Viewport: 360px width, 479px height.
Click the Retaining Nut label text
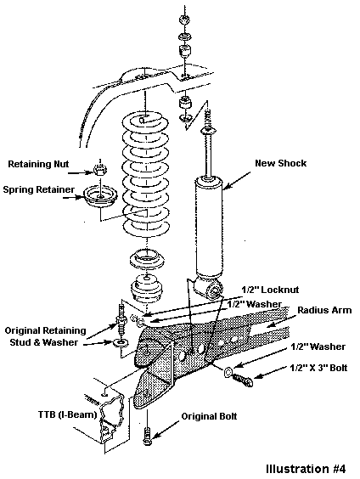(38, 164)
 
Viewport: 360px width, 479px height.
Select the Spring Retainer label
(38, 189)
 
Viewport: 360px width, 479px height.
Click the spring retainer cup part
(101, 197)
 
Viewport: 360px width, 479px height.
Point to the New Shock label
(280, 163)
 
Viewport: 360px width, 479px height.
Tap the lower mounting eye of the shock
(215, 290)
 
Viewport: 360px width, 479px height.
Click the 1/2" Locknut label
(270, 290)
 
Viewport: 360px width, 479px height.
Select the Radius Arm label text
(324, 310)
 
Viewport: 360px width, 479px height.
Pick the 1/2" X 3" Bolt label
(318, 368)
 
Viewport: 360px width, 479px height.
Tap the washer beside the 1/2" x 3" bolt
(228, 373)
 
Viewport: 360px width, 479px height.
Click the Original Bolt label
(209, 416)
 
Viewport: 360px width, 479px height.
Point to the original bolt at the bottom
(147, 436)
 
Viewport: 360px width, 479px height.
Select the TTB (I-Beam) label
(67, 414)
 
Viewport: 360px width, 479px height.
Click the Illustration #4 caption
(306, 469)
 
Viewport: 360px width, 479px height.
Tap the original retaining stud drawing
(121, 321)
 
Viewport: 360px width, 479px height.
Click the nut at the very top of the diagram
(184, 20)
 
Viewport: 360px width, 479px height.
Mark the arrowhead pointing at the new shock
(226, 186)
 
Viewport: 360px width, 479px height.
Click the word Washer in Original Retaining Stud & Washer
(60, 342)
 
